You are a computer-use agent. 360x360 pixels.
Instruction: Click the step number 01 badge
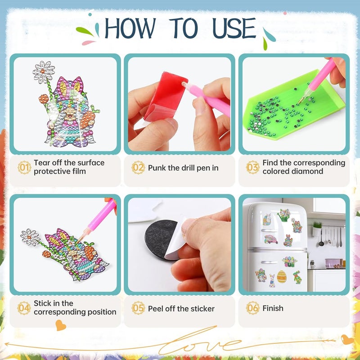click(24, 167)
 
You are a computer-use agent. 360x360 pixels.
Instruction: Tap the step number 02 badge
click(138, 167)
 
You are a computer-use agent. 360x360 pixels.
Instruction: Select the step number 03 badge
click(252, 167)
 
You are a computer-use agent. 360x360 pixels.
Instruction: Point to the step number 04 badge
click(24, 308)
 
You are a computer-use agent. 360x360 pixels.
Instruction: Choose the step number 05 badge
click(138, 308)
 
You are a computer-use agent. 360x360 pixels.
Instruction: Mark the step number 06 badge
click(252, 308)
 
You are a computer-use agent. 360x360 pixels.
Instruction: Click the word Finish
click(273, 308)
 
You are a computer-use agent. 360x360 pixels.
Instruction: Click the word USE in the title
click(234, 28)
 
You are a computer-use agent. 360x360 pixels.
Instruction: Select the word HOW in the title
click(130, 28)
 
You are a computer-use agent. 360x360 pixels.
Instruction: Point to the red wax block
click(166, 97)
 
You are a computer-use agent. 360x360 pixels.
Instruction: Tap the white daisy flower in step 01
click(44, 72)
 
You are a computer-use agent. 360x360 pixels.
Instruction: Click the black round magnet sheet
click(162, 239)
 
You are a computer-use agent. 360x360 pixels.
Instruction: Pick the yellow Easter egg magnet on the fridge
click(282, 277)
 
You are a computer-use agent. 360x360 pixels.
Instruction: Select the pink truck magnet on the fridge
click(271, 239)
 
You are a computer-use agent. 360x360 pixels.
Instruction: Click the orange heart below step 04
click(61, 325)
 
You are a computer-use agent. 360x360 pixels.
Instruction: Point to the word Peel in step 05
click(156, 309)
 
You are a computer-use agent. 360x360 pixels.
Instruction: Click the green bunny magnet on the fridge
click(297, 277)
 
